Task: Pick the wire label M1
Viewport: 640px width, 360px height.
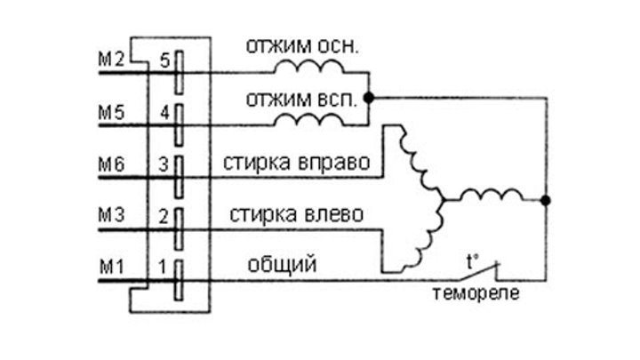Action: click(x=110, y=265)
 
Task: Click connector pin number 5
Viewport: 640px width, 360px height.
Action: click(x=163, y=61)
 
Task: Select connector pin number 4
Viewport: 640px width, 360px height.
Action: click(x=163, y=114)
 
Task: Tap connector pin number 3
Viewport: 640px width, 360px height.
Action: click(x=163, y=165)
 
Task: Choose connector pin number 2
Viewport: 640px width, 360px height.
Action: click(x=163, y=216)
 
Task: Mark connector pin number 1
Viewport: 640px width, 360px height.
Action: click(x=163, y=265)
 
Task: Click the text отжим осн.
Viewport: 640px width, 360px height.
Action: click(x=303, y=47)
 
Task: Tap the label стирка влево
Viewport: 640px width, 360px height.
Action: click(x=295, y=214)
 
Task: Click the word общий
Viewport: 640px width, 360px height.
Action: click(x=283, y=264)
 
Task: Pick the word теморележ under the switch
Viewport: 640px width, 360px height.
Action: click(x=471, y=293)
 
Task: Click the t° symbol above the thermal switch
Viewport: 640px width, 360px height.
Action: click(x=473, y=261)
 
